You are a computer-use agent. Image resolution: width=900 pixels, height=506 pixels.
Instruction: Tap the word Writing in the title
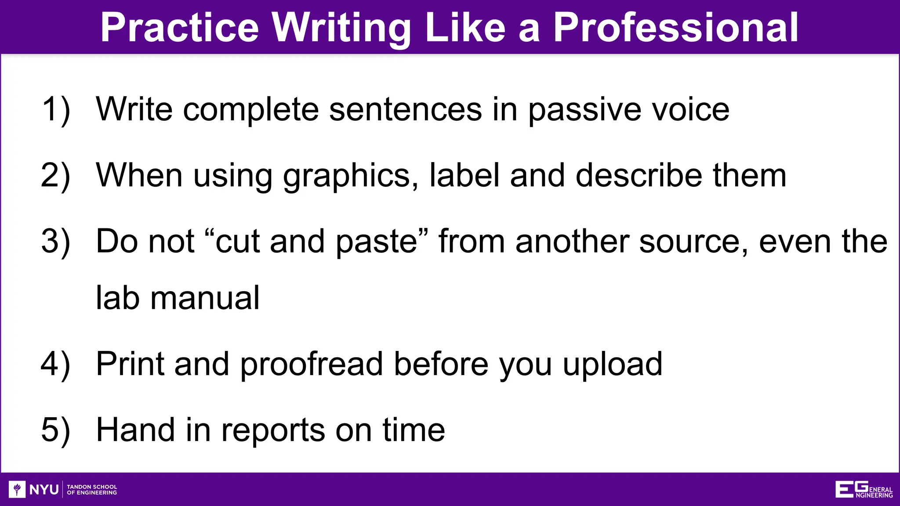[341, 29]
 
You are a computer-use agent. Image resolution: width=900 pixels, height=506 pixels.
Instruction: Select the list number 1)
[56, 110]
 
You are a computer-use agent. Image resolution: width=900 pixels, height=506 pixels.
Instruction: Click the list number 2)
[56, 176]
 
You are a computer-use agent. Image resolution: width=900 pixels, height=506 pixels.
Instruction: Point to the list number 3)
[56, 242]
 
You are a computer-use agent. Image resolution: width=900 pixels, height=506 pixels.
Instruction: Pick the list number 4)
[56, 365]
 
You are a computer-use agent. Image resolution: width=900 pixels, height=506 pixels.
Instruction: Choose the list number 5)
[56, 430]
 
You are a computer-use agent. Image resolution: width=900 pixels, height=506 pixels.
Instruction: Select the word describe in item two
[639, 175]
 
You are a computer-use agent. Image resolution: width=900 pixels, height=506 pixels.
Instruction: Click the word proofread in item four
[312, 365]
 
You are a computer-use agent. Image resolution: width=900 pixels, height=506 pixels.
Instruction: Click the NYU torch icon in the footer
[17, 489]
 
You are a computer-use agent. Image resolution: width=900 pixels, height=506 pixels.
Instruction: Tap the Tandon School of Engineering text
[92, 489]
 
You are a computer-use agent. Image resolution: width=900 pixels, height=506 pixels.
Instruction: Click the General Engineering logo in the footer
[864, 489]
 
